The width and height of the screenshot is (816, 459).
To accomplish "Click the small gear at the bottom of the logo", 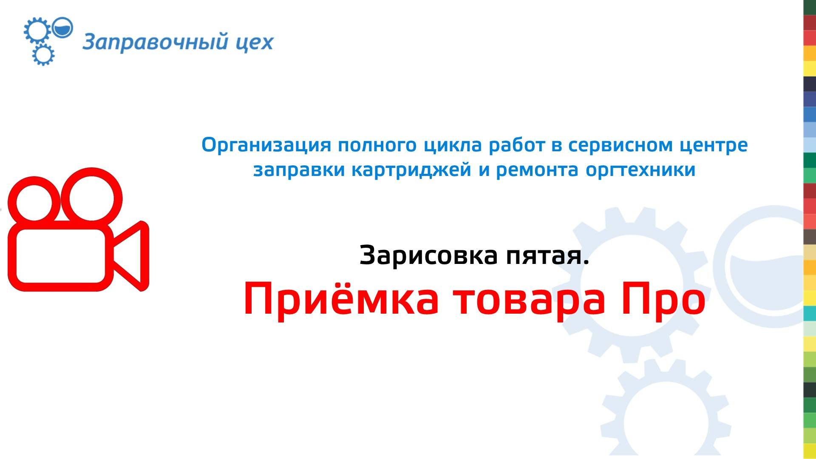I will (x=43, y=55).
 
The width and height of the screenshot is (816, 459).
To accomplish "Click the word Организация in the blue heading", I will (x=266, y=145).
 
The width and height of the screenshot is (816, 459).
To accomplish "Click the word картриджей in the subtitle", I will (x=411, y=170).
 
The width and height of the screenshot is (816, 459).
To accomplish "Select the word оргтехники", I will (x=640, y=170).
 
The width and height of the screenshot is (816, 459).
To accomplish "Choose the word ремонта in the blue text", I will (x=537, y=170).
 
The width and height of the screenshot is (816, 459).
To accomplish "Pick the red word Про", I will (x=663, y=300).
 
